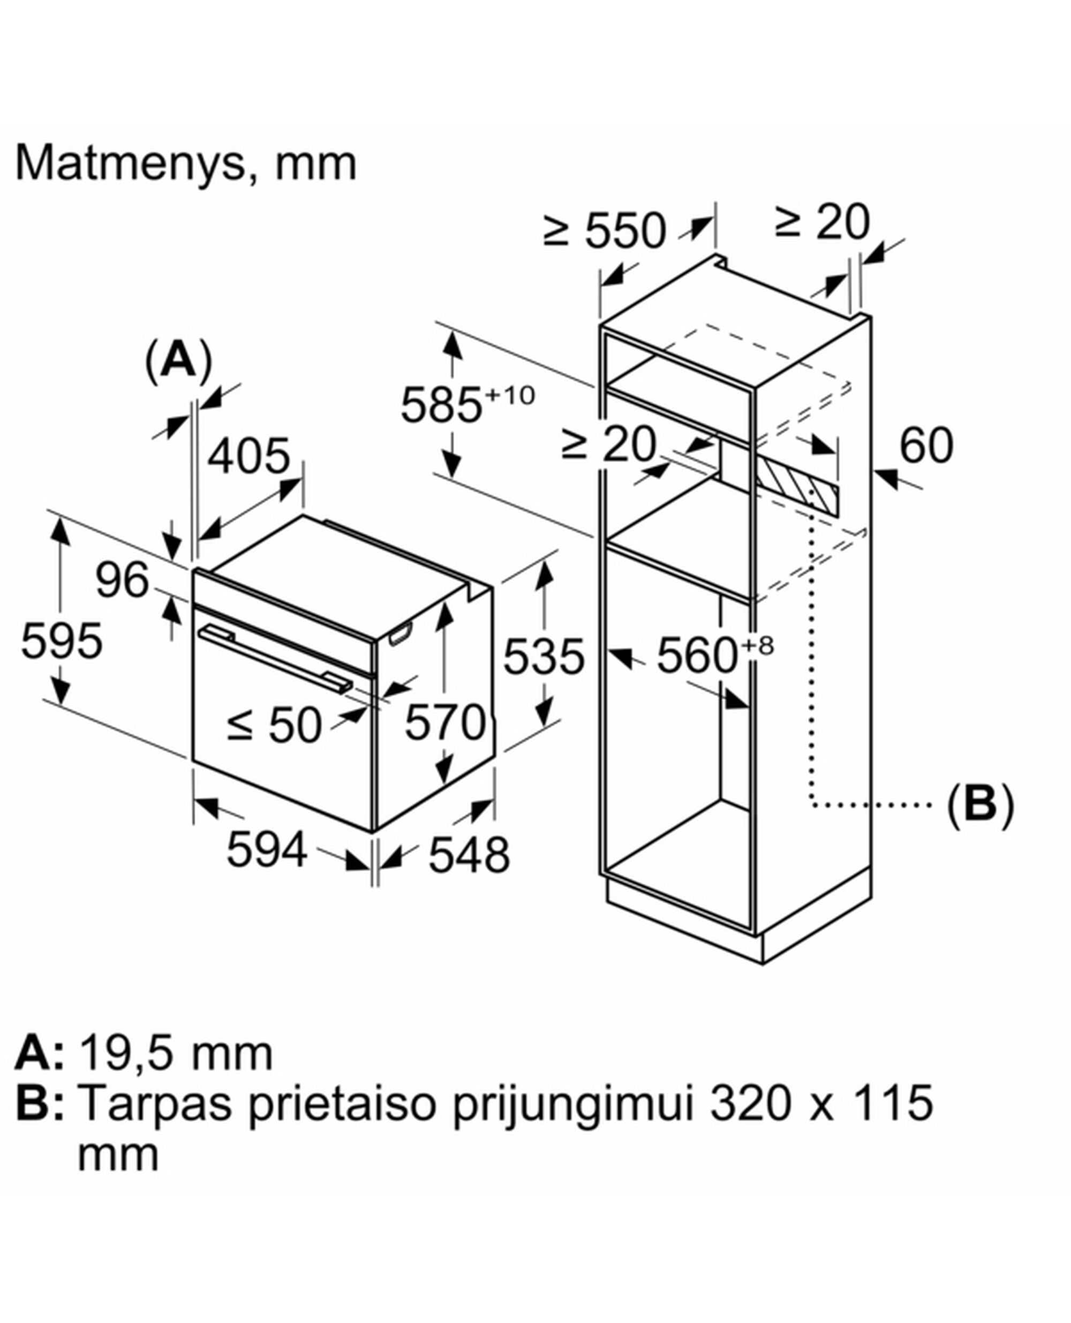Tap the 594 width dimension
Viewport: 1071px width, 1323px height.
point(267,850)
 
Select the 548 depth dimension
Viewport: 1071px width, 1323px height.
point(469,855)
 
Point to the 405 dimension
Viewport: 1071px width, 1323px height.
point(248,456)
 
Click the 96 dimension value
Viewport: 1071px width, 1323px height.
point(122,580)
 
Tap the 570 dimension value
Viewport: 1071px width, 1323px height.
point(446,722)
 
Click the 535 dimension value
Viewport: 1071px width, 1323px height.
point(544,656)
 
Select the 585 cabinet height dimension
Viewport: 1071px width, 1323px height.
point(441,406)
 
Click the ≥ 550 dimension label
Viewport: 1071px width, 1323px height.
point(605,231)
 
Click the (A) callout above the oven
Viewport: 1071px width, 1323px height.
point(178,361)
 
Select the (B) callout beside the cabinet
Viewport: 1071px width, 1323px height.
point(979,804)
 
